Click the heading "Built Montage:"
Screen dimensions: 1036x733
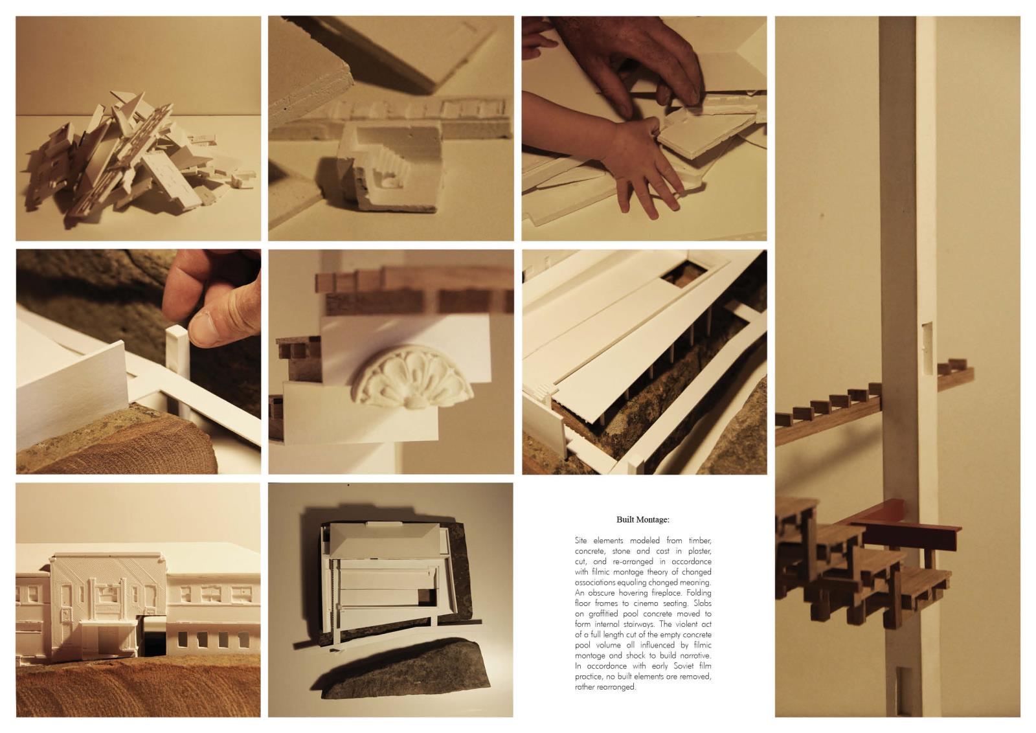point(643,519)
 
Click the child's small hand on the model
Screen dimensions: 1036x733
point(644,164)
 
